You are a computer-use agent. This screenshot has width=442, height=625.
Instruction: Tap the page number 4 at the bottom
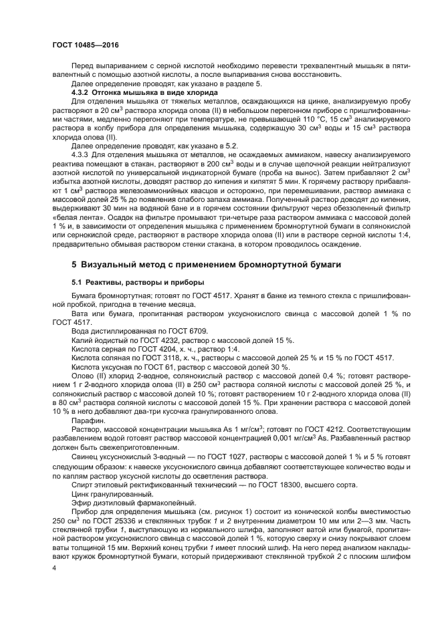[x=56, y=567]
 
